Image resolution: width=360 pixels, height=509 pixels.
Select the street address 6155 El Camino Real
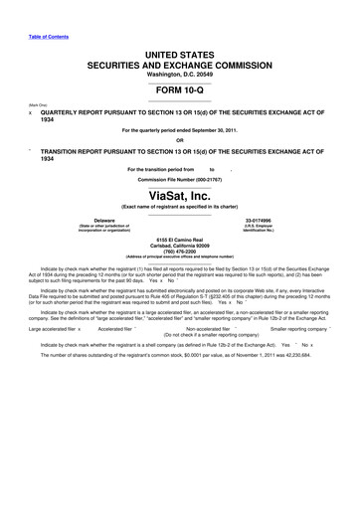[180, 240]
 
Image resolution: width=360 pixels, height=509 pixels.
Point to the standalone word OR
[180, 139]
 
